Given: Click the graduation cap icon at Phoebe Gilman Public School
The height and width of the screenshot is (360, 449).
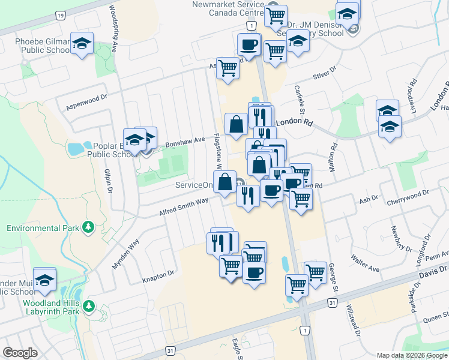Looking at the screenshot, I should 82,43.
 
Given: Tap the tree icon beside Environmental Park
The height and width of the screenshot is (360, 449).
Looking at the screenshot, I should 89,227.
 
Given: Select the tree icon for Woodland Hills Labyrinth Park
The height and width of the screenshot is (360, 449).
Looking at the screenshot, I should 89,306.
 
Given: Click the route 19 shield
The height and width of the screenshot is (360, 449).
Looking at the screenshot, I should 60,14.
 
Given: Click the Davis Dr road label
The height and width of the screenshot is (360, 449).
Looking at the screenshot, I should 430,275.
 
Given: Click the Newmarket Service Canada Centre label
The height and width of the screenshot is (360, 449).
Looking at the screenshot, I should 228,9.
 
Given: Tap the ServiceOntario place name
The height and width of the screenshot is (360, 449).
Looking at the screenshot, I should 194,185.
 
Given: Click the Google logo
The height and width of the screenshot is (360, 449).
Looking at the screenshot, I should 20,353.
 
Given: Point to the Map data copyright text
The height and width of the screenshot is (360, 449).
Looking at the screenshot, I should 411,355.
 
